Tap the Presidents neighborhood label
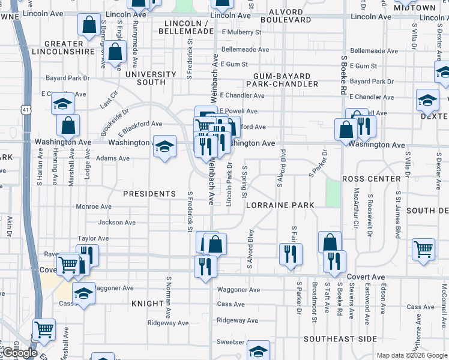pyautogui.click(x=149, y=194)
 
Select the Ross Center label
pyautogui.click(x=371, y=179)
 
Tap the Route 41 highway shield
pyautogui.click(x=25, y=110)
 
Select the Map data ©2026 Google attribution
pyautogui.click(x=412, y=355)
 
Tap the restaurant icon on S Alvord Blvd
pyautogui.click(x=291, y=253)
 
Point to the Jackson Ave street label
pyautogui.click(x=116, y=223)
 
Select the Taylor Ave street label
pyautogui.click(x=93, y=238)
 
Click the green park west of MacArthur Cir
pyautogui.click(x=333, y=193)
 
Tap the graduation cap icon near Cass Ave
pyautogui.click(x=83, y=293)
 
